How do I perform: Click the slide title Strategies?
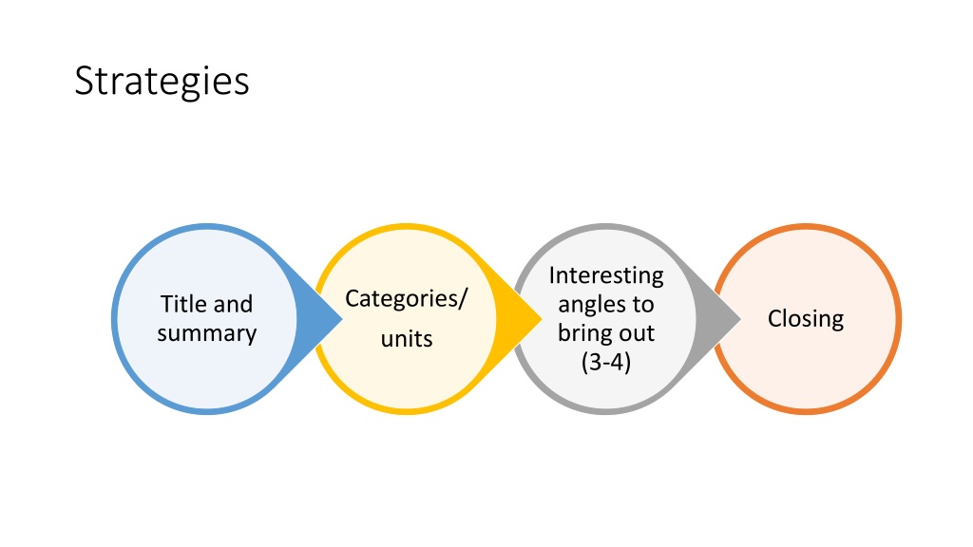pyautogui.click(x=162, y=82)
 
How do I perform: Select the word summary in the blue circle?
pyautogui.click(x=206, y=334)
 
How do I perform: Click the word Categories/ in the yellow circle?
pyautogui.click(x=406, y=299)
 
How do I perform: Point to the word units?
pyautogui.click(x=407, y=339)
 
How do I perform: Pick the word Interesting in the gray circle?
pyautogui.click(x=606, y=275)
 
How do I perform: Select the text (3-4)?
pyautogui.click(x=606, y=362)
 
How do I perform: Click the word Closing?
pyautogui.click(x=806, y=319)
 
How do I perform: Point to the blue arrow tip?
pyautogui.click(x=342, y=319)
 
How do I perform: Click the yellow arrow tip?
pyautogui.click(x=542, y=319)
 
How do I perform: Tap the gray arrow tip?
pyautogui.click(x=741, y=319)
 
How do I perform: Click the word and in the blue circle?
pyautogui.click(x=233, y=304)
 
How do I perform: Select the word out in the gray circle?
pyautogui.click(x=636, y=333)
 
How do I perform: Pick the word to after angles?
pyautogui.click(x=643, y=305)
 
